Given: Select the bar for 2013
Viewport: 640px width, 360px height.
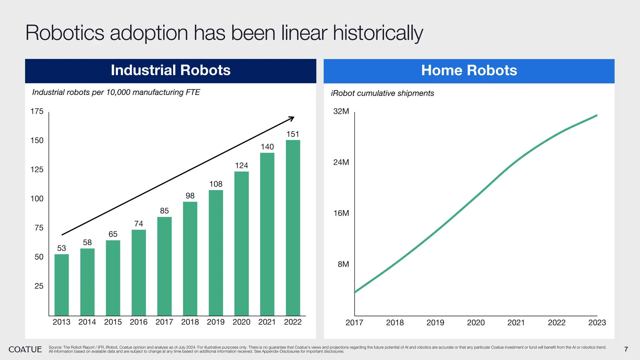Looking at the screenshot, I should [x=62, y=285].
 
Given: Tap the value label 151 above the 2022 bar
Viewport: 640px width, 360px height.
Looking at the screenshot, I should [x=293, y=134].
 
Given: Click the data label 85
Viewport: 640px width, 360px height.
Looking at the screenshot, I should [x=164, y=211].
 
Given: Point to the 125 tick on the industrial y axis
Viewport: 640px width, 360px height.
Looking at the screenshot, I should [x=37, y=170].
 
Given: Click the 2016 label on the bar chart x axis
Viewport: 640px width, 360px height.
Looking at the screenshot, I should [x=138, y=322].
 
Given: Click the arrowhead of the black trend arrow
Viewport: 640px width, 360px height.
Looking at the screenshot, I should [x=292, y=118].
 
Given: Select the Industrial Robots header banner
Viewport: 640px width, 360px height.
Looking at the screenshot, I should [x=171, y=71].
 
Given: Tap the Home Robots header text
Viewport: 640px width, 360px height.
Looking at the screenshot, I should [x=469, y=71].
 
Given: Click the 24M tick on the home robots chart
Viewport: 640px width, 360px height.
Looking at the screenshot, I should [x=341, y=162].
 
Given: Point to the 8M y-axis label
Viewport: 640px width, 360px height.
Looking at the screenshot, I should [x=343, y=264].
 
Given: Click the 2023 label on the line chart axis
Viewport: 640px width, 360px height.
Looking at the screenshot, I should [x=597, y=322].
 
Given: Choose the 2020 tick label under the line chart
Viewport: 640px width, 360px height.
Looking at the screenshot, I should [x=476, y=322].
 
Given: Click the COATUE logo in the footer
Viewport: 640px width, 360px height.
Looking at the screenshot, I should [x=25, y=349].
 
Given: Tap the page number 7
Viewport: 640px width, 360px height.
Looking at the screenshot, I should [x=626, y=349].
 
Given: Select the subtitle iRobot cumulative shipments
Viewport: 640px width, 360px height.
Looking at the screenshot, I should [x=382, y=93].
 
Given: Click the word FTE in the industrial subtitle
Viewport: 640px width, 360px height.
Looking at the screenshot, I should [x=192, y=92].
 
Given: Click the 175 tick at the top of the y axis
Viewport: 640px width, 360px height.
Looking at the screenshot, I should [x=37, y=112].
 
